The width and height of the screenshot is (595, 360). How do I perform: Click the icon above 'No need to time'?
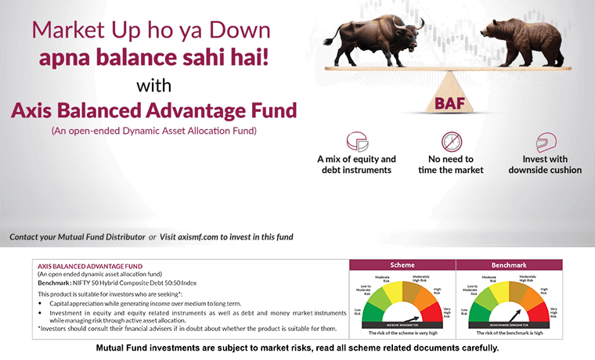(x=452, y=142)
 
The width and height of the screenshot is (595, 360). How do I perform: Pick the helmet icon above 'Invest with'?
(x=545, y=142)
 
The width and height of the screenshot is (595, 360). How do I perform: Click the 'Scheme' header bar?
(x=402, y=265)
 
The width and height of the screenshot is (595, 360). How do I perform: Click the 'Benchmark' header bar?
(x=510, y=265)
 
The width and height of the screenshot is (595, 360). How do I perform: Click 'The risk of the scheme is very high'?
(x=402, y=333)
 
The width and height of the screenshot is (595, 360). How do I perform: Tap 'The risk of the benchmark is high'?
(x=510, y=333)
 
